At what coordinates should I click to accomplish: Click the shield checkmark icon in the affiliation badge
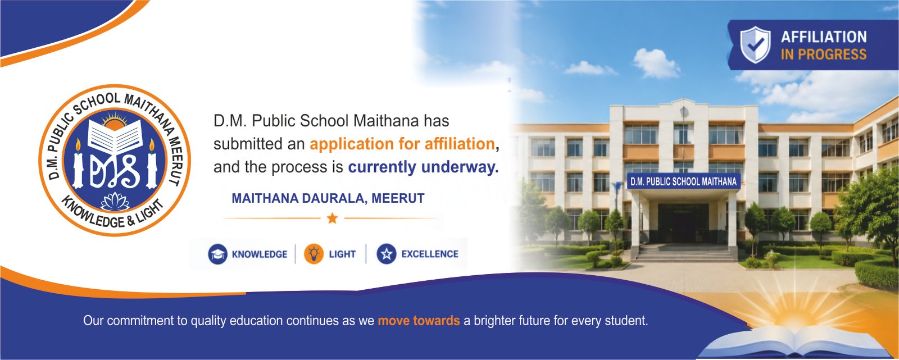tap(755, 44)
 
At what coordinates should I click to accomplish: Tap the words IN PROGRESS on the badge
tap(824, 54)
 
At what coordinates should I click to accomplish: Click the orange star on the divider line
tap(332, 218)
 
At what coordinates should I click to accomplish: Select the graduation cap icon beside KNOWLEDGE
tap(217, 254)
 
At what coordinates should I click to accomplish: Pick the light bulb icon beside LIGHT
tap(314, 254)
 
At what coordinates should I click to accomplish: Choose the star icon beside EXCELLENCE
tap(387, 254)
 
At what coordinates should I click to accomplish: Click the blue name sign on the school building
tap(683, 181)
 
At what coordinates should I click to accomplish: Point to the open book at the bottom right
tap(797, 343)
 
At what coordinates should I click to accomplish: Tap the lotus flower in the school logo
tap(115, 202)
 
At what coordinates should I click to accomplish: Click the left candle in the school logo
tap(78, 164)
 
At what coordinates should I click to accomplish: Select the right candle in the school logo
tap(152, 164)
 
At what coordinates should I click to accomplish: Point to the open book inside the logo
tap(115, 137)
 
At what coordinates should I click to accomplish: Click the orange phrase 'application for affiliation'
tap(402, 144)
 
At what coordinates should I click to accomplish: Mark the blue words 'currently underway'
tap(424, 167)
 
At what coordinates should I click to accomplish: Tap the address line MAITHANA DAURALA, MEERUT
tap(328, 198)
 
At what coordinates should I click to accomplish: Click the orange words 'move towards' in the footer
tap(419, 321)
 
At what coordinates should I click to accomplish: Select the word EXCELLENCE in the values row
tap(430, 254)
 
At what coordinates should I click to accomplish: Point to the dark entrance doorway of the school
tap(683, 223)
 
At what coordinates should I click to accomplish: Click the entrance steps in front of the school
tap(686, 254)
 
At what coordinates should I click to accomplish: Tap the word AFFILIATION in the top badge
tap(824, 37)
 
